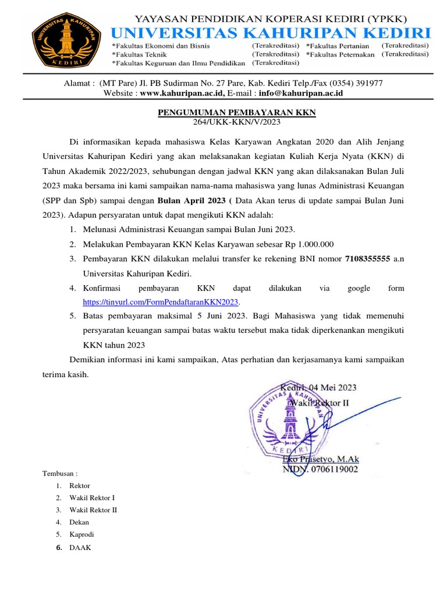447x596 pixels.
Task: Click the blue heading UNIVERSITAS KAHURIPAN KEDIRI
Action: point(271,31)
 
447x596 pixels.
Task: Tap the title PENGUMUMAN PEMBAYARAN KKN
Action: point(237,112)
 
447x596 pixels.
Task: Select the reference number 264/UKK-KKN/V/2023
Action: point(237,122)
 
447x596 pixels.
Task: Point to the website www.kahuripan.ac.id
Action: point(182,93)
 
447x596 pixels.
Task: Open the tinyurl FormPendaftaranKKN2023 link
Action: point(161,302)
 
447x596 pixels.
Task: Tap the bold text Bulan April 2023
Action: point(191,201)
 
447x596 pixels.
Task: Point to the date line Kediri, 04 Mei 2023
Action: point(319,387)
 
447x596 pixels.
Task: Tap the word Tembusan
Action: point(60,473)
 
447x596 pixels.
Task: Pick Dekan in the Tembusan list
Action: point(79,522)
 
